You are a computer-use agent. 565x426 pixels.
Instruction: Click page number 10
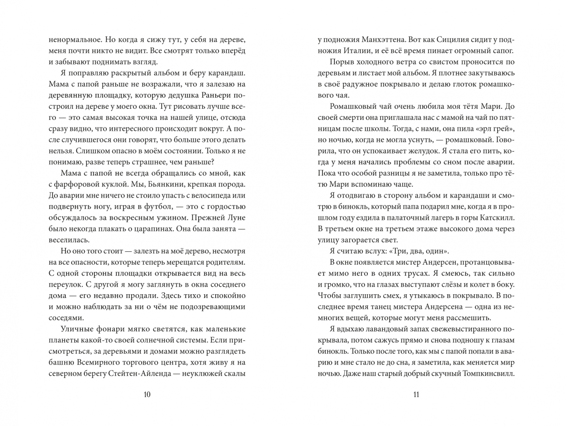[x=147, y=394]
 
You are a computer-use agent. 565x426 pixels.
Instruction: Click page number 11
[x=416, y=394]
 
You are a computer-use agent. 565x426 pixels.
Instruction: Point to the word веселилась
[x=69, y=240]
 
